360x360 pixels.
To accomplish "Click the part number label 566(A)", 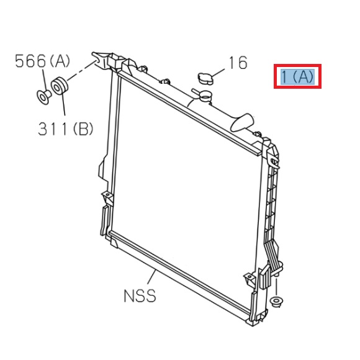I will (43, 61).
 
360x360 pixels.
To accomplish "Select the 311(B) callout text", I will (65, 129).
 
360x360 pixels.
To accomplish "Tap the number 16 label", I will (238, 63).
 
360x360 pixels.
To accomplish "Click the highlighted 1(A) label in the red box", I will (298, 77).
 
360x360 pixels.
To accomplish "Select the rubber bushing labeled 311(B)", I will (59, 86).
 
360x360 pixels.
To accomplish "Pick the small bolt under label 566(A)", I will (44, 96).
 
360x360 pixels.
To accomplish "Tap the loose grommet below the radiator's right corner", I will (277, 303).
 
